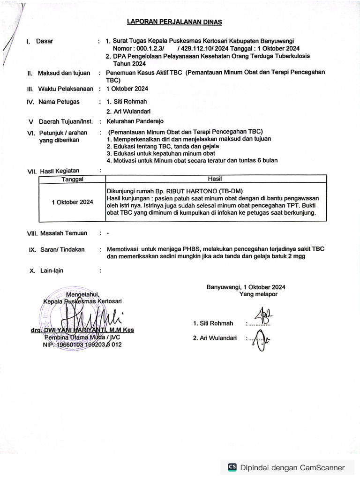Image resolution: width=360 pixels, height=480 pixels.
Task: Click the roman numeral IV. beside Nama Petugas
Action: pyautogui.click(x=30, y=102)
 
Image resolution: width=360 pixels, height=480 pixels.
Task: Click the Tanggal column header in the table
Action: pyautogui.click(x=72, y=179)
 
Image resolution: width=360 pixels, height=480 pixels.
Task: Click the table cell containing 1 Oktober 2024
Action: pyautogui.click(x=72, y=202)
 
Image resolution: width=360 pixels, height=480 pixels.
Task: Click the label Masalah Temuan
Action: pyautogui.click(x=63, y=233)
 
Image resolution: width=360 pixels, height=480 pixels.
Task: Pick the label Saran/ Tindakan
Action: pyautogui.click(x=62, y=249)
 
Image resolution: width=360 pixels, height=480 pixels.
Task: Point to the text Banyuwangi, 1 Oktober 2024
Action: pyautogui.click(x=246, y=287)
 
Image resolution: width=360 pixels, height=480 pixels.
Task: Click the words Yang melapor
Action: pyautogui.click(x=258, y=294)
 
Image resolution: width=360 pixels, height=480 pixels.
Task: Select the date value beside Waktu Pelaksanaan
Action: pyautogui.click(x=127, y=89)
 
